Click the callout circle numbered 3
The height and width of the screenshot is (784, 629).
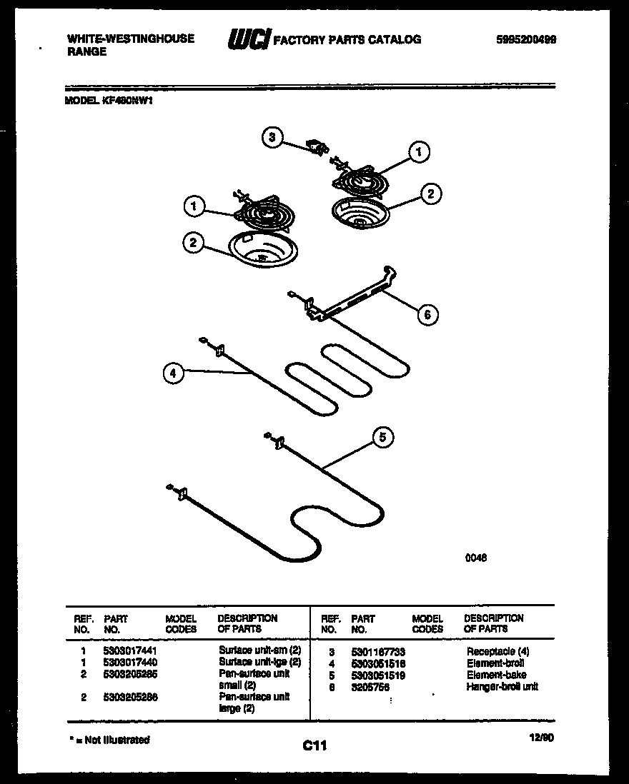tap(272, 138)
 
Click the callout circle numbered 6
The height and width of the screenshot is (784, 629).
tap(427, 314)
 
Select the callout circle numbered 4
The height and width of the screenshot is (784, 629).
tap(172, 373)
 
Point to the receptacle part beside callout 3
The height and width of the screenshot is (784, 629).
tap(316, 146)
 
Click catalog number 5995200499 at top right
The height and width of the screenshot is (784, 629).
tap(525, 40)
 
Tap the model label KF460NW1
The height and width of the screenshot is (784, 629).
tap(109, 101)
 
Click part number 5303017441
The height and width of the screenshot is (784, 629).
tap(130, 652)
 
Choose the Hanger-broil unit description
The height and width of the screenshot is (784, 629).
tap(502, 686)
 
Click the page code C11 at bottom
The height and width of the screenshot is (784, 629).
tap(314, 746)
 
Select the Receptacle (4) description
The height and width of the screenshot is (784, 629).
tap(498, 652)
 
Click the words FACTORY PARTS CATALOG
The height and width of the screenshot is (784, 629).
tap(347, 40)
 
